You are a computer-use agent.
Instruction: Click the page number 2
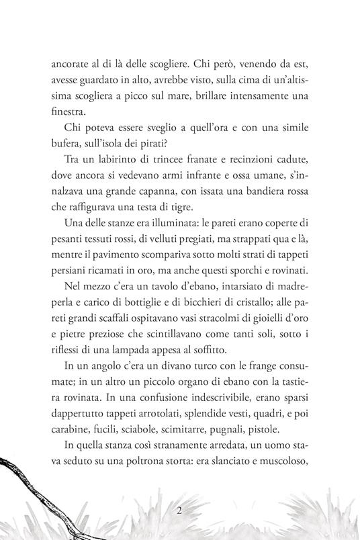(180, 510)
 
